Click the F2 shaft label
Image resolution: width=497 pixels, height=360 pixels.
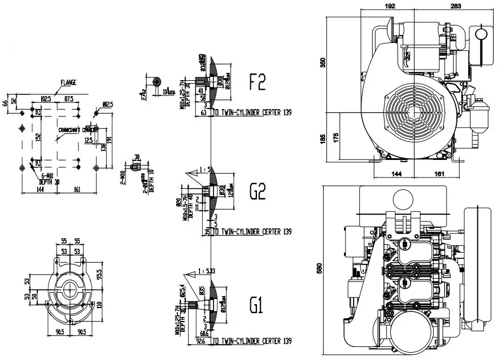click(257, 84)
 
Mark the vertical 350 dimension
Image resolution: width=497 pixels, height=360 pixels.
click(324, 62)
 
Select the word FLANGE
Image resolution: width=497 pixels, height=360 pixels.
click(68, 82)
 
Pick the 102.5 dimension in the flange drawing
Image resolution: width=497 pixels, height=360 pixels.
click(46, 98)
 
